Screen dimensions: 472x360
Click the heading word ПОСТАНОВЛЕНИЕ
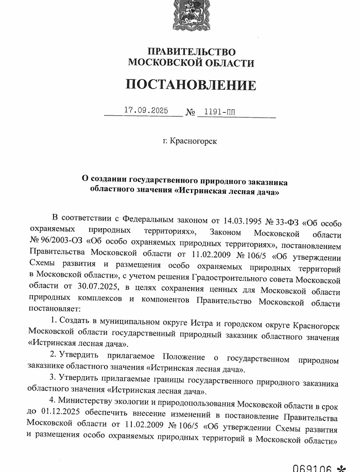(191, 85)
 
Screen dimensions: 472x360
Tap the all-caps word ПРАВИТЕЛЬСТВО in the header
(191, 52)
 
